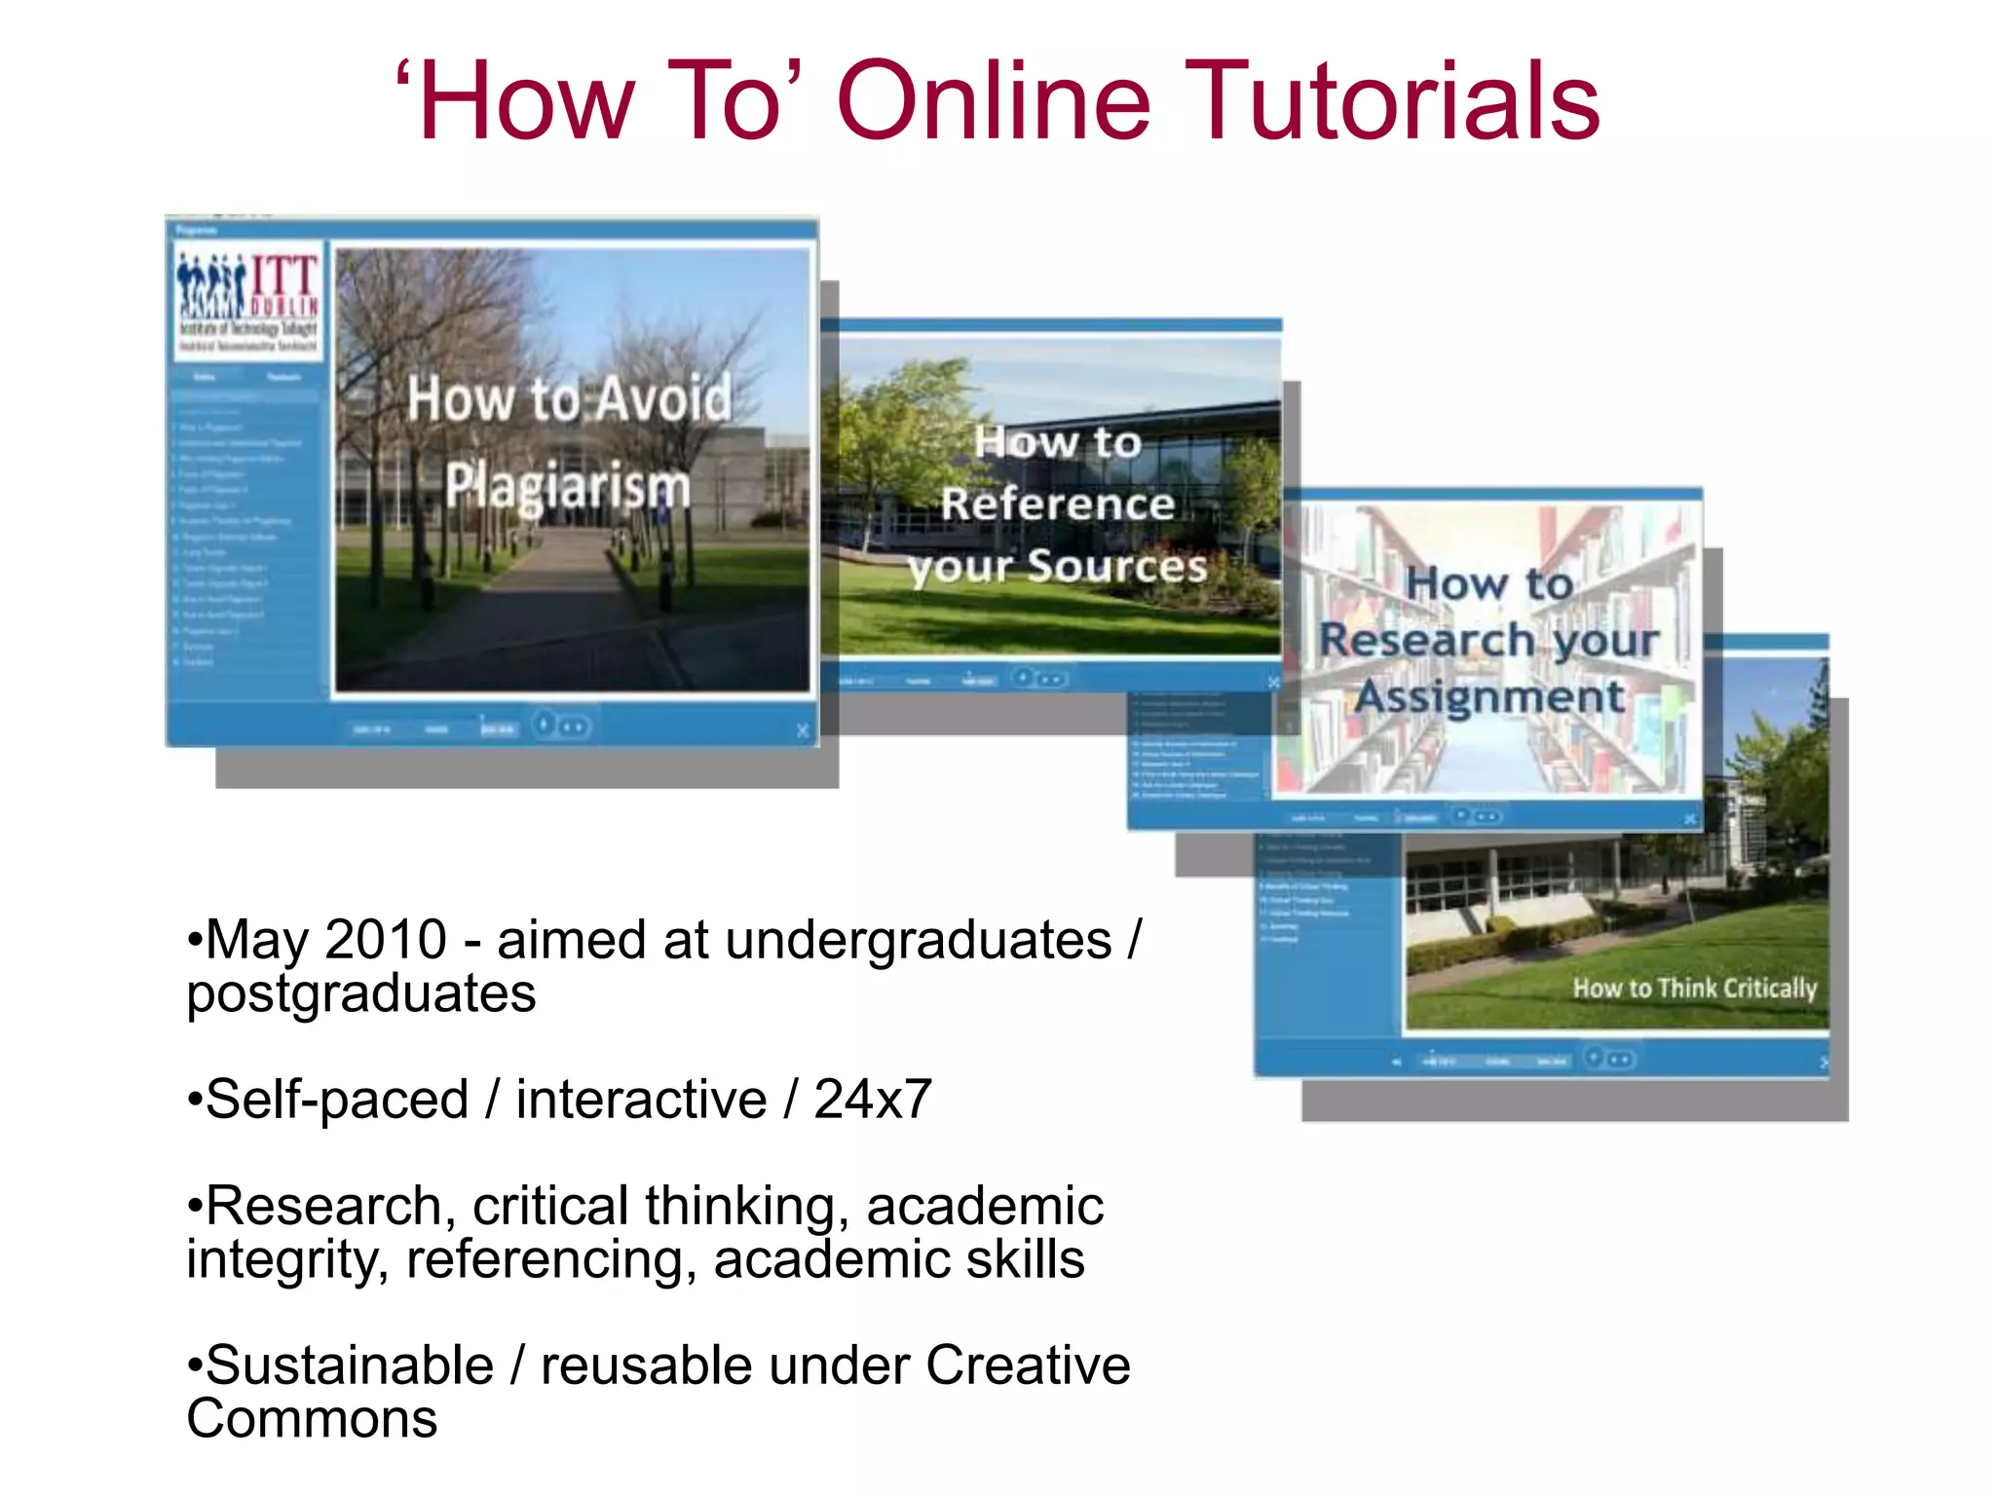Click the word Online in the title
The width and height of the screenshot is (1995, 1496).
click(x=993, y=101)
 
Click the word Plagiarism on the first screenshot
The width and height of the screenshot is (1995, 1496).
click(x=568, y=485)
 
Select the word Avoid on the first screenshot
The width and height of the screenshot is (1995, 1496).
click(x=663, y=398)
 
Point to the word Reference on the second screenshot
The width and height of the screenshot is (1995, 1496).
click(x=1057, y=505)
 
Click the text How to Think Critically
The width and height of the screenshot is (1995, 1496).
click(x=1694, y=989)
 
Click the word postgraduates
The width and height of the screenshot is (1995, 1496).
click(x=361, y=993)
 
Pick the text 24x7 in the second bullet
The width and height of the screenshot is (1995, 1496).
click(x=872, y=1100)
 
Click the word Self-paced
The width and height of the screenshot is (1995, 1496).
click(x=337, y=1100)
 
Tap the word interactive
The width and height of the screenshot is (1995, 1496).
click(x=640, y=1100)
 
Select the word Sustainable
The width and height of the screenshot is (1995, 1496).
click(x=350, y=1365)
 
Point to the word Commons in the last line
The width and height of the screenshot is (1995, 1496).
click(x=312, y=1419)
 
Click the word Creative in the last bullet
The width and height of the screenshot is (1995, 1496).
click(x=1028, y=1365)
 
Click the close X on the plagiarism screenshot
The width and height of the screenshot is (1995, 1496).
click(x=802, y=730)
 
